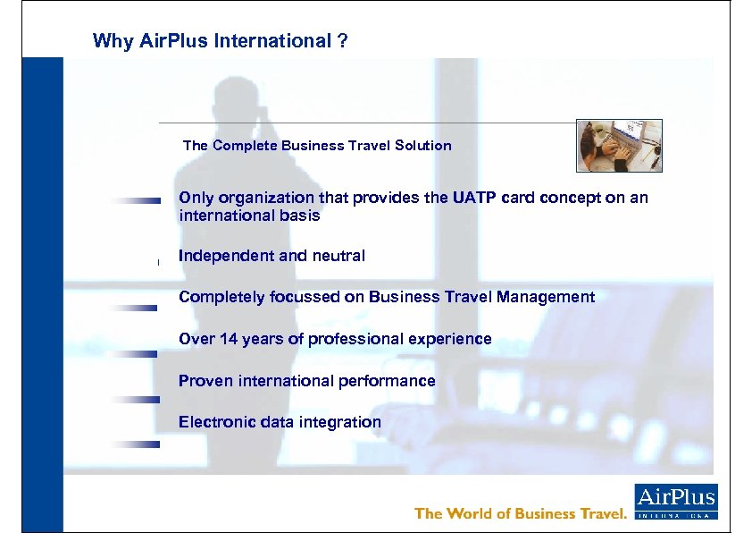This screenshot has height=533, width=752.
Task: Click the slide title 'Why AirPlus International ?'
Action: (220, 41)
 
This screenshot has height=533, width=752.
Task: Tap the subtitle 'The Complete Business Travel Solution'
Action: (317, 145)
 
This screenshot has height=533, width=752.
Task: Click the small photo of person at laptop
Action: (619, 145)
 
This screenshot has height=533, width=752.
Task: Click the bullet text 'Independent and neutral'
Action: (272, 256)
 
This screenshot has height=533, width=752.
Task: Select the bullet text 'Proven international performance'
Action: (306, 381)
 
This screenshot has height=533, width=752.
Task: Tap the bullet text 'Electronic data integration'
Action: (280, 422)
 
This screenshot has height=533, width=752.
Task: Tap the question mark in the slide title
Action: (343, 41)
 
